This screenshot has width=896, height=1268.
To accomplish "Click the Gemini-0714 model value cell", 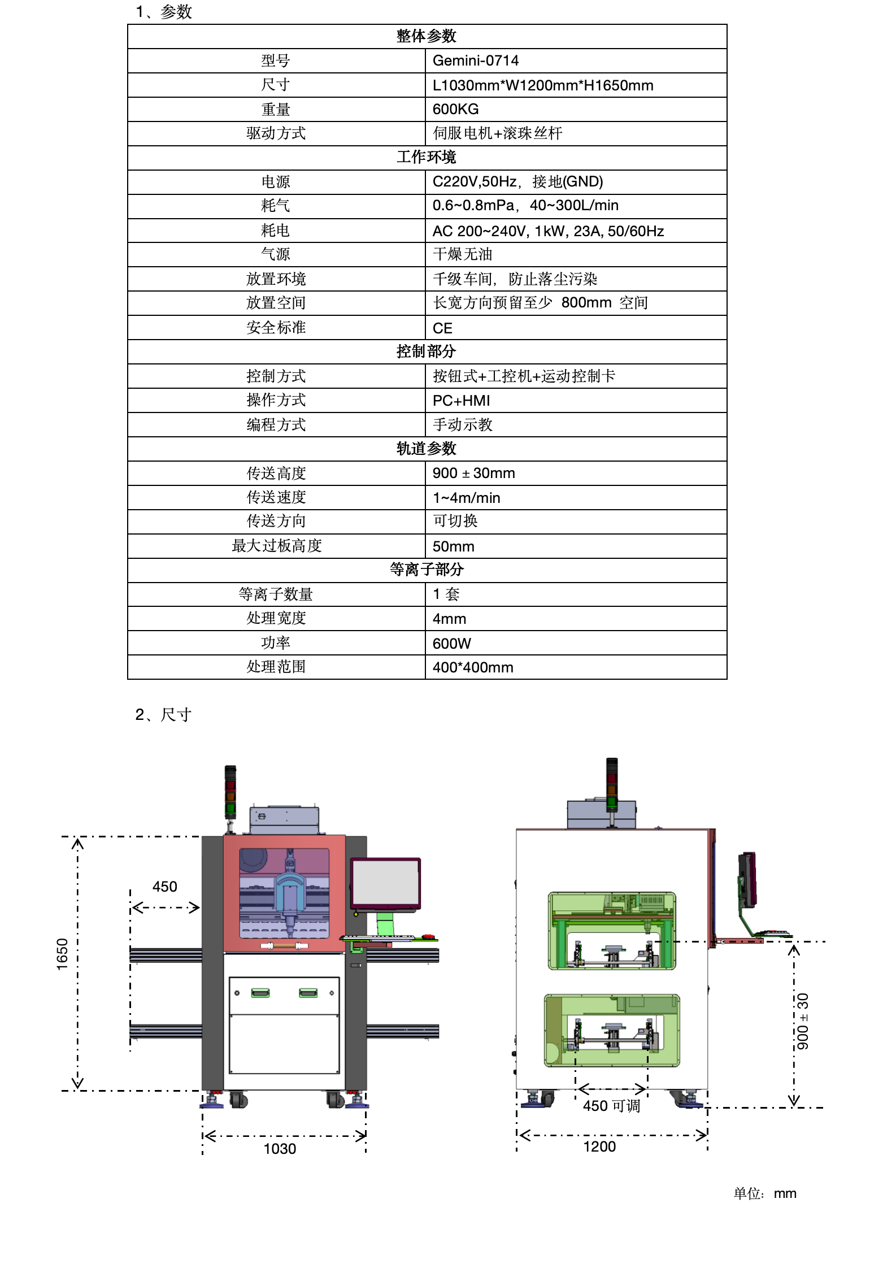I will pos(475,60).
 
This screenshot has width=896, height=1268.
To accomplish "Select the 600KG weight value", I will pos(455,109).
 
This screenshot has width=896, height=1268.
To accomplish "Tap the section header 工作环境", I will pos(427,157).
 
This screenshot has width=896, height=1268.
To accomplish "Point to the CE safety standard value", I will pos(442,328).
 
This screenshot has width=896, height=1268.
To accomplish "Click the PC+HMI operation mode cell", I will pos(461,401).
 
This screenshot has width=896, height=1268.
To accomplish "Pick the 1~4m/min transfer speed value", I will pos(466,498).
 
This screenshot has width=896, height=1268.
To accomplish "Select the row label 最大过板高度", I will pos(276,546).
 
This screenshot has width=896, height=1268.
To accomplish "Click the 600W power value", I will pos(451,644).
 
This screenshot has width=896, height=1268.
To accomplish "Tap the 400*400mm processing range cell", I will pos(472,667).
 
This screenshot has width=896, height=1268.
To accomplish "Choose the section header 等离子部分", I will pos(427,570).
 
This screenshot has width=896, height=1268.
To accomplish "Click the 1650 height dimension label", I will pos(62,954).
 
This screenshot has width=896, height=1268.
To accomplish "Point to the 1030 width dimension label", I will pos(280,1149).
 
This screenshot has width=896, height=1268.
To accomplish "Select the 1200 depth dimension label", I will pos(599,1147).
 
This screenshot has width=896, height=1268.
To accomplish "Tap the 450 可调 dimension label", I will pos(611,1106).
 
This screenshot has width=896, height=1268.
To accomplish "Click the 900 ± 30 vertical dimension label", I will pos(802,1021).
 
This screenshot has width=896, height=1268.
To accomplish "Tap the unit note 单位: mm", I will pos(765,1193).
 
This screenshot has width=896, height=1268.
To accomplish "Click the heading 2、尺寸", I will pos(163,715).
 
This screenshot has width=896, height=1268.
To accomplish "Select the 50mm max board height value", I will pos(453,546).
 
